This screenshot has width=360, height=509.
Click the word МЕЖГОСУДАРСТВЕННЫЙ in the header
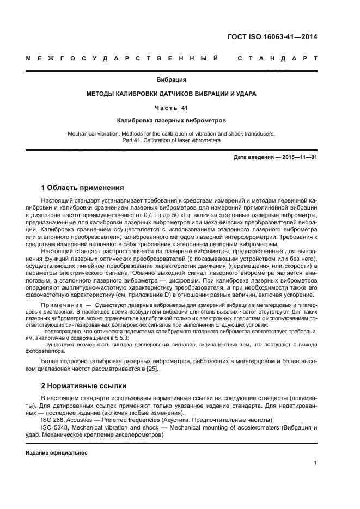(x=123, y=58)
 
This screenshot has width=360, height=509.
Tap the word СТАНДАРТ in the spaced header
(x=277, y=58)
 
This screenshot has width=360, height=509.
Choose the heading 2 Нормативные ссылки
(x=84, y=385)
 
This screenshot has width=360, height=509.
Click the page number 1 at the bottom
(x=315, y=463)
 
